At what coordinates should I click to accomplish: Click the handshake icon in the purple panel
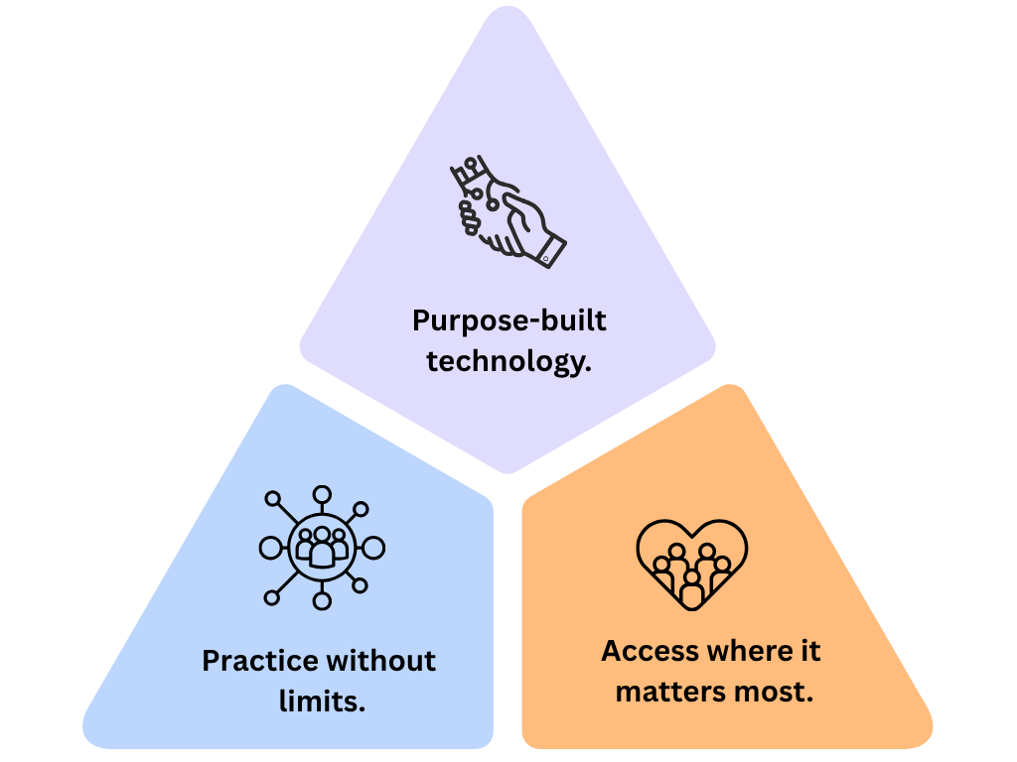click(507, 211)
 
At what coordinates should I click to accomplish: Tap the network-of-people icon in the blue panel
click(322, 547)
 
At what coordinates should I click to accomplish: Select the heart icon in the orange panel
click(691, 565)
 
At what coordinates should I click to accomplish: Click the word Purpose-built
click(508, 321)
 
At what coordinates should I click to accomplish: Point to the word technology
click(508, 362)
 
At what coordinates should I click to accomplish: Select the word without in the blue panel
click(381, 661)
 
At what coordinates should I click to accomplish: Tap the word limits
click(322, 701)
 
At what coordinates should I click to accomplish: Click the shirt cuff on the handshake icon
click(549, 249)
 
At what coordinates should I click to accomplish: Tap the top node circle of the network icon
click(322, 494)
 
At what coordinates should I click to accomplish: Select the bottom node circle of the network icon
click(322, 600)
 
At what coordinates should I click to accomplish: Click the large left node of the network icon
click(270, 547)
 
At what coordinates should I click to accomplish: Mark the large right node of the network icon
click(373, 547)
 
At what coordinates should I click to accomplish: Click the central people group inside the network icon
click(322, 547)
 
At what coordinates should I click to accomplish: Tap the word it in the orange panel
click(809, 651)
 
